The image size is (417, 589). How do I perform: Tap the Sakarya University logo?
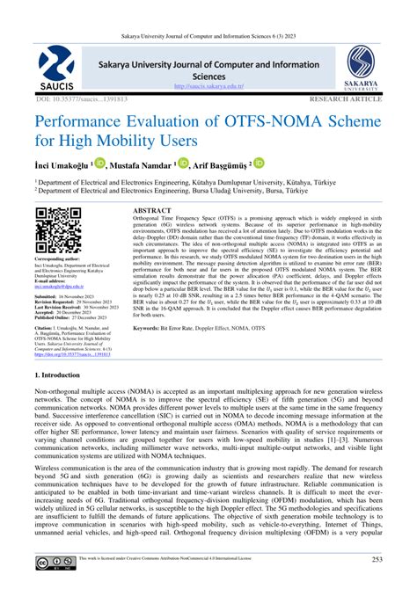360,69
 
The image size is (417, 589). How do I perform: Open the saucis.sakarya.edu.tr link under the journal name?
208,86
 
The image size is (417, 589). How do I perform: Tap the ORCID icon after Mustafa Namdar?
208,164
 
